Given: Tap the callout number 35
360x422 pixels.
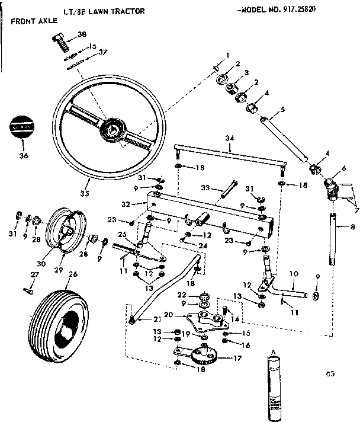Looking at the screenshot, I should click(85, 193).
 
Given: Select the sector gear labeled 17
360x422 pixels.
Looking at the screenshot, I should click(204, 358).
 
